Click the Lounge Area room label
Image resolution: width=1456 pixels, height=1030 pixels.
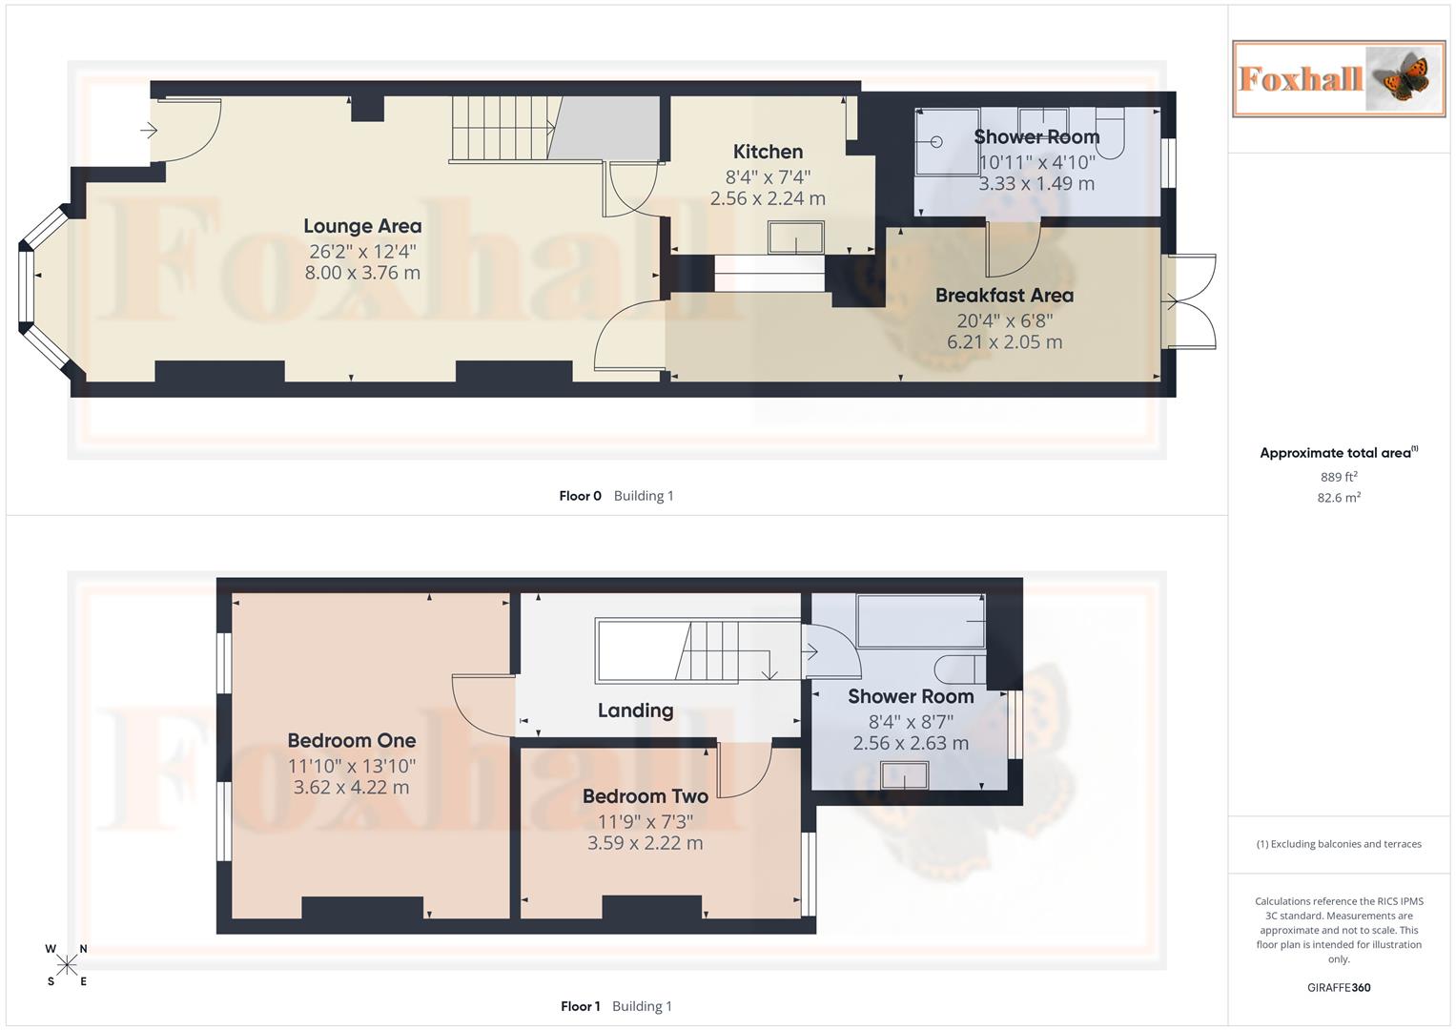362,226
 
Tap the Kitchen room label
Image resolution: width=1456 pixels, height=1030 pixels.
768,152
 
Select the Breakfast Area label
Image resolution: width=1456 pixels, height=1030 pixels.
1004,296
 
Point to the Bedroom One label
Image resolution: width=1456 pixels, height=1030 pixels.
352,740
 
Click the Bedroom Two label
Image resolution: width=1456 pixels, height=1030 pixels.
645,796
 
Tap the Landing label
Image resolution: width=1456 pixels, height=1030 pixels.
635,711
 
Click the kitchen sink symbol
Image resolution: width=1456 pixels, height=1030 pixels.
796,237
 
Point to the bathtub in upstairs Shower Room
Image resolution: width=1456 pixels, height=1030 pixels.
921,621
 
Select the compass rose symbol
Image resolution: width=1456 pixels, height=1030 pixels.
67,965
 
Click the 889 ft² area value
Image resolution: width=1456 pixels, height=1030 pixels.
1339,477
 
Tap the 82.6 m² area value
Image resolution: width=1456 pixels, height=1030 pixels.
1339,498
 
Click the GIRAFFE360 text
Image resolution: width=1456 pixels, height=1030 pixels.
1339,988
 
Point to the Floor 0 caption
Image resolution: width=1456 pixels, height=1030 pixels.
580,496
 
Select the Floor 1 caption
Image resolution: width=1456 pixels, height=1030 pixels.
580,1006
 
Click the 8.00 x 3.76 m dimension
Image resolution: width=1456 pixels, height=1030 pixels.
362,273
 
